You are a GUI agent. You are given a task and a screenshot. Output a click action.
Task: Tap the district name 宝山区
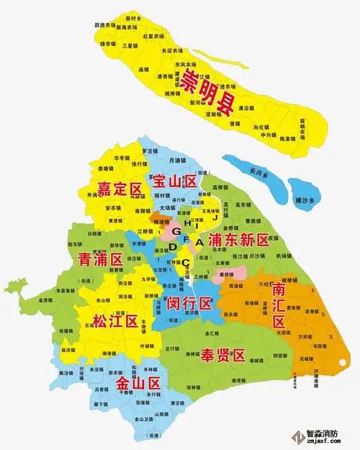point(174,183)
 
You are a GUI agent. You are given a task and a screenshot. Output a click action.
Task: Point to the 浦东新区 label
point(238,240)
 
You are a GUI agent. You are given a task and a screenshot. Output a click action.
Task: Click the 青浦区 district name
point(99,259)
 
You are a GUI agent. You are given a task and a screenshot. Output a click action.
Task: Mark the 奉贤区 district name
point(223,355)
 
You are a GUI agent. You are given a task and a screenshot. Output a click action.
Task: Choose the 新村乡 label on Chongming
point(132,17)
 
